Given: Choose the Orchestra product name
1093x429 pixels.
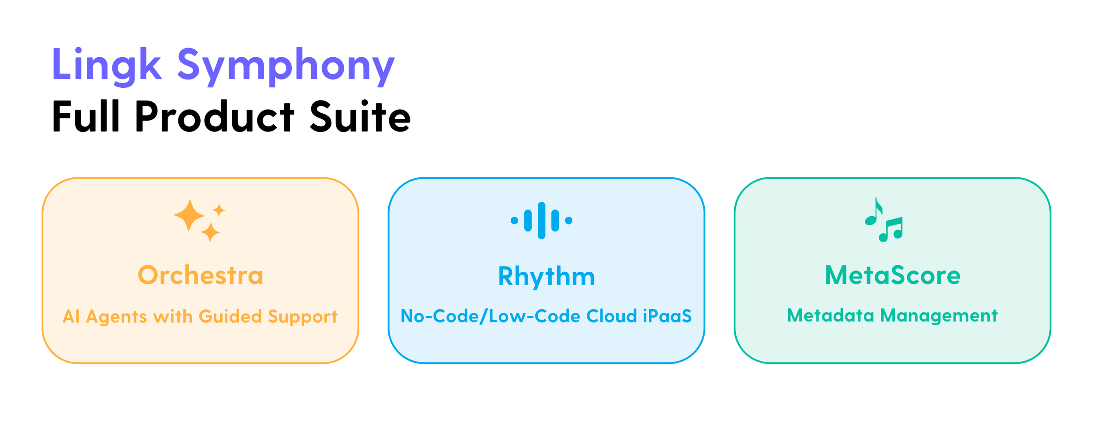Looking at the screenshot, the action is [x=201, y=275].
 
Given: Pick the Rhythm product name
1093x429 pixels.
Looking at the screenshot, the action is [x=546, y=277].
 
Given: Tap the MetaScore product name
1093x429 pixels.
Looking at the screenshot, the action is [x=893, y=275].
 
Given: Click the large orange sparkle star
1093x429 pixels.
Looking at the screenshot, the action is [x=189, y=215].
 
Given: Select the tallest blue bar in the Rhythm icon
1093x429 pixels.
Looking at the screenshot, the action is [x=542, y=220].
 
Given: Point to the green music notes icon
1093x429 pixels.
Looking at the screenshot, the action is [x=884, y=220].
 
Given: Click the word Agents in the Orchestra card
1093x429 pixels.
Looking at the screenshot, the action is [x=116, y=317].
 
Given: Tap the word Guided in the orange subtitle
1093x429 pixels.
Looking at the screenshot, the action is [x=230, y=316].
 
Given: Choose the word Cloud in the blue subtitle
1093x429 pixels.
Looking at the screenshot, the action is [x=612, y=316].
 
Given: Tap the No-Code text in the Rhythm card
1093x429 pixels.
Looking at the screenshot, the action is [x=439, y=316].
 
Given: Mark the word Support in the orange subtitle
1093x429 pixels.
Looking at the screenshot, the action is [x=303, y=317].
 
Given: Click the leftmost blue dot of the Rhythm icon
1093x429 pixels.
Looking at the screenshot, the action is [x=515, y=221].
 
